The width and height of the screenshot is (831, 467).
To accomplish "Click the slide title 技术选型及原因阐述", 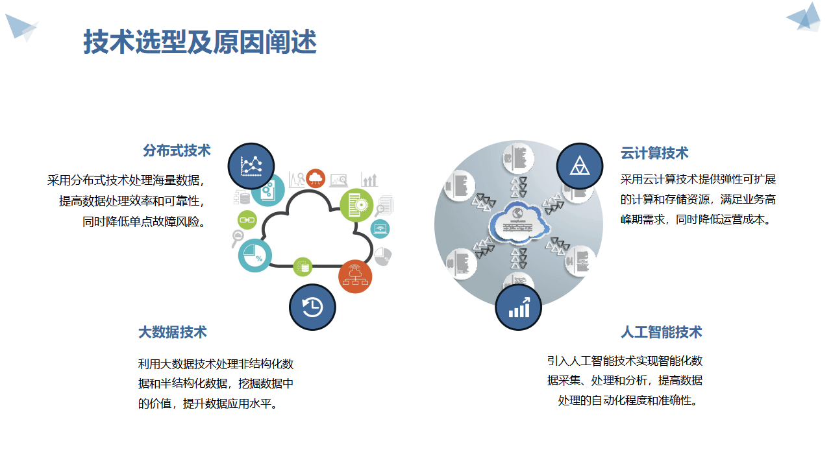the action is pos(200,43).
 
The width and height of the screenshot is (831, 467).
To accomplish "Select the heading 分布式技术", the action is pos(177,150).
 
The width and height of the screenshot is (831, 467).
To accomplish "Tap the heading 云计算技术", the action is pos(654,153).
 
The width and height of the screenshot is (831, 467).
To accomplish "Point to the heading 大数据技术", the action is pos(173,332).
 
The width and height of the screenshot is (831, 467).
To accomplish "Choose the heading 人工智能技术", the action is pos(661,332).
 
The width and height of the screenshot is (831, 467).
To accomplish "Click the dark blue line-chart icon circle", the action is pos(251,166).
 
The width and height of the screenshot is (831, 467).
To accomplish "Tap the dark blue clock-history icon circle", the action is pos(312,307).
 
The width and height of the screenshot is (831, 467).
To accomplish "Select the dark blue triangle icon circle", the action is pos(580,166).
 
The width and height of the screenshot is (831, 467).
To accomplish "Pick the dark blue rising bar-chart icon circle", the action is pos(519,307).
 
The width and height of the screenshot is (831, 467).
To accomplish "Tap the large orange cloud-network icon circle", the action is pos(355,276).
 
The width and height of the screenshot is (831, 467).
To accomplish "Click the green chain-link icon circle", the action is pos(247,220).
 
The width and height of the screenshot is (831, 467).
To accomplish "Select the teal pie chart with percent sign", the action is pos(254,256).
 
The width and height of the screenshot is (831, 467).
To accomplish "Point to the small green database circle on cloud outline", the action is pos(302,266).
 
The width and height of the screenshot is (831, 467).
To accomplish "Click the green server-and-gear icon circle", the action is pos(356,205).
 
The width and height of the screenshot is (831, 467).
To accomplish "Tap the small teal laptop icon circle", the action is pos(380,228).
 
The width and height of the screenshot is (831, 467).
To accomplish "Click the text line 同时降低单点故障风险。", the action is pos(143,221).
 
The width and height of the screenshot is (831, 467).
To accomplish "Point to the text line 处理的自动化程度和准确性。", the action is pos(630,400).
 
